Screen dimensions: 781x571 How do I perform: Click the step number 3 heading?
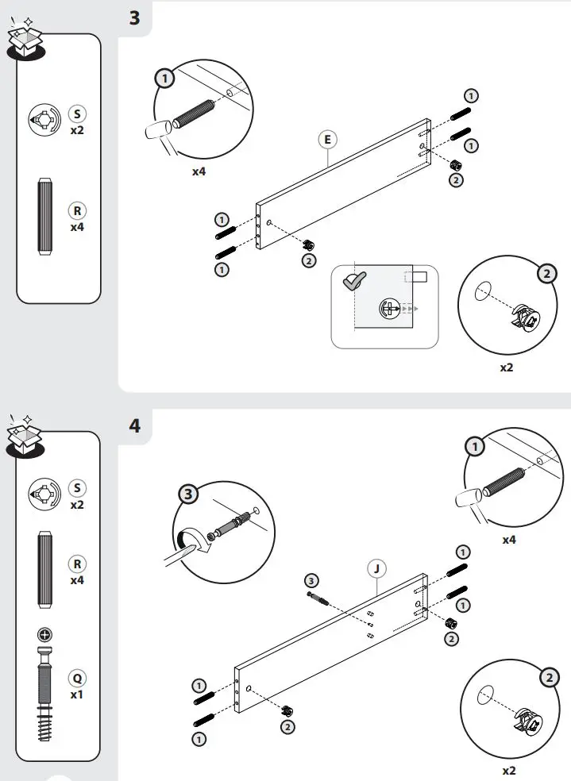[x=134, y=17]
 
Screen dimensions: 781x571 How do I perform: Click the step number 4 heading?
[x=135, y=425]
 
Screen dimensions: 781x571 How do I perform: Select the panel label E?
[x=326, y=140]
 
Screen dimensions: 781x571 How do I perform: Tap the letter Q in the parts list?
[x=78, y=679]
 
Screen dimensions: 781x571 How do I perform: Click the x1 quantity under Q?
[x=78, y=694]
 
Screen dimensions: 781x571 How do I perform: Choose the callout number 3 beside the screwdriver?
[x=187, y=495]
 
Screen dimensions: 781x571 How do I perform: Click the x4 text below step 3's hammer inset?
[x=199, y=171]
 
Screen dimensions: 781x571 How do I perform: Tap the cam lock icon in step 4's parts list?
[x=44, y=494]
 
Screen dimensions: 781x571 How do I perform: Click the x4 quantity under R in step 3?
[x=77, y=227]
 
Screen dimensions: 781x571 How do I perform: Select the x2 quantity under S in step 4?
[x=77, y=504]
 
